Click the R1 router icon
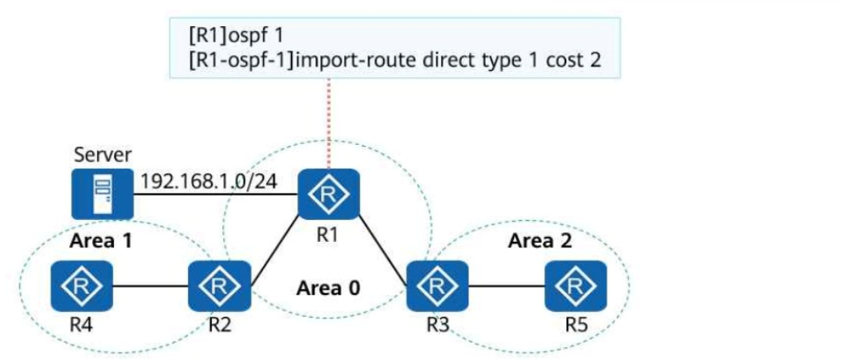328,194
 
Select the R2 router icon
219,286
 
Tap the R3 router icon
437,286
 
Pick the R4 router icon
82,286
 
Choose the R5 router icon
576,286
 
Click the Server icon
103,194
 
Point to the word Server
103,156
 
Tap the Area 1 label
101,241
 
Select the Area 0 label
328,288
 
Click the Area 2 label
540,241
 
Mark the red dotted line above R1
328,123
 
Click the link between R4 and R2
151,286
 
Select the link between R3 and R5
507,286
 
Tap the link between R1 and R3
383,240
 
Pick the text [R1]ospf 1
236,37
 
